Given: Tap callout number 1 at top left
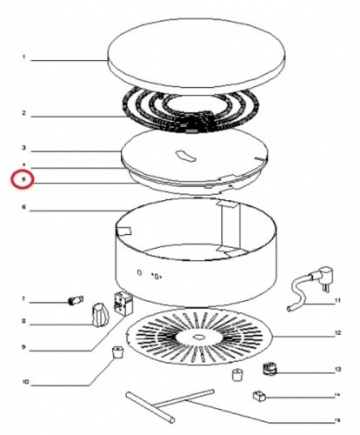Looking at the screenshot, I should click(x=23, y=59).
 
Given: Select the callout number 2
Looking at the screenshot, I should click(x=23, y=114).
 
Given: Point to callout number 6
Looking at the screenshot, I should click(x=23, y=208).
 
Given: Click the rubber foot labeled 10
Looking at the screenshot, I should click(x=113, y=352).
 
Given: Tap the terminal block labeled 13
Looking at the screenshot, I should click(x=271, y=369).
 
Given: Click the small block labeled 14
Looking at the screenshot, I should click(x=258, y=397).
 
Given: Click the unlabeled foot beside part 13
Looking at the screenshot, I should click(x=235, y=375).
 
